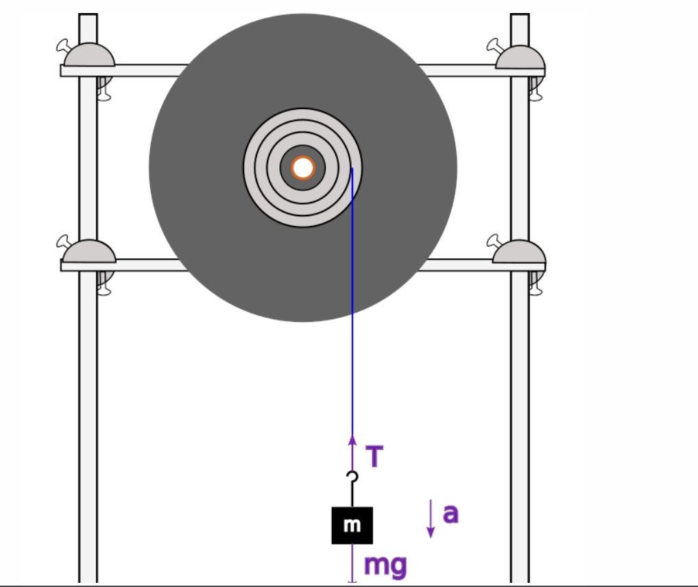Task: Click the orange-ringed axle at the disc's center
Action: [x=303, y=168]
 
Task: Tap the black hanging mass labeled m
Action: [x=352, y=525]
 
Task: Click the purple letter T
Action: [x=374, y=457]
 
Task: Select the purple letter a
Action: [x=450, y=513]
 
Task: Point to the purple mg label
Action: [x=385, y=564]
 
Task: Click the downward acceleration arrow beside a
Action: [x=431, y=519]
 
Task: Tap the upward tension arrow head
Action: [x=352, y=439]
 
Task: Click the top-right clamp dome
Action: [x=520, y=58]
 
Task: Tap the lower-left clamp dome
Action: [x=89, y=251]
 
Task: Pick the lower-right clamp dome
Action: [x=519, y=252]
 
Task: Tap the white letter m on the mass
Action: [x=352, y=525]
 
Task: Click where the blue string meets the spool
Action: [x=352, y=170]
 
